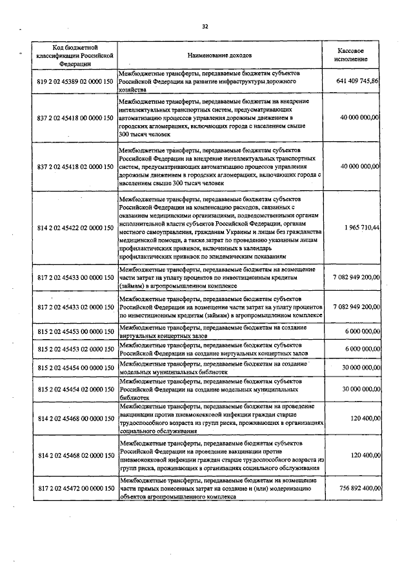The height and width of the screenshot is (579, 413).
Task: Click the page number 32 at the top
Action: (205, 26)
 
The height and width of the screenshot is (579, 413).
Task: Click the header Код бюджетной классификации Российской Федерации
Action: (75, 55)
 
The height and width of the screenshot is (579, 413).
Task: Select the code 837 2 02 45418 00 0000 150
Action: (75, 118)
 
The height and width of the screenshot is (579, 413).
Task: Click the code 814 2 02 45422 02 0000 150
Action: (75, 228)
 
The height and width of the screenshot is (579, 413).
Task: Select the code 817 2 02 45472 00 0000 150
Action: (75, 488)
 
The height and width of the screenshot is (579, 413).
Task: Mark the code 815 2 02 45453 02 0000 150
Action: (75, 349)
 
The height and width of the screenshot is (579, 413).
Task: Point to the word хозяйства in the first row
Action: (134, 92)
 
